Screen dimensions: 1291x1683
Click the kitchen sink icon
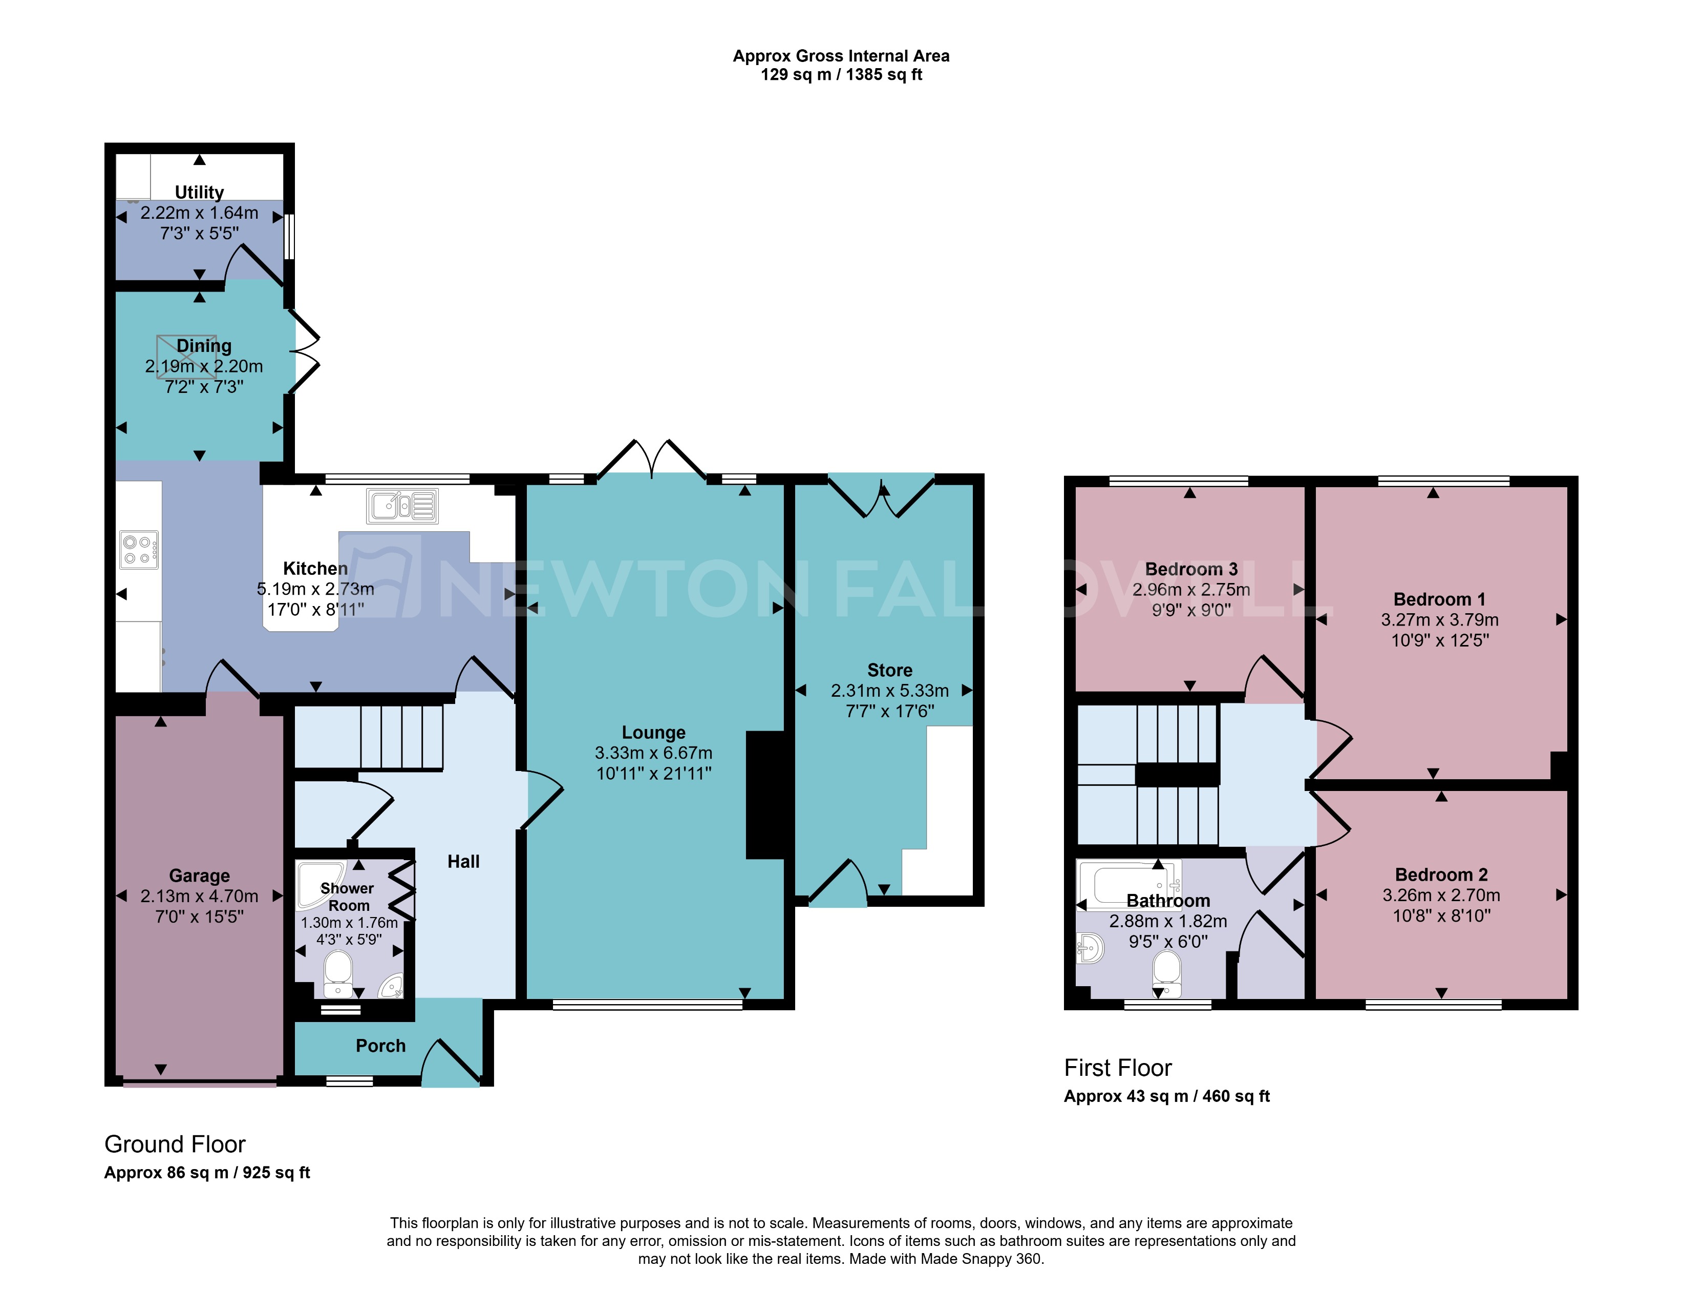402,506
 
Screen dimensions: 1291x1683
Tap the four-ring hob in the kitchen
139,550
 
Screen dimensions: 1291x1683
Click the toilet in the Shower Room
338,974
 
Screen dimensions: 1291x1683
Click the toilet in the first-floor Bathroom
1167,974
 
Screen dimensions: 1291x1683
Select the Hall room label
463,862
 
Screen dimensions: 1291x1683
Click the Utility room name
199,192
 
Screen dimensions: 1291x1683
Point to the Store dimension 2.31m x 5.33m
889,690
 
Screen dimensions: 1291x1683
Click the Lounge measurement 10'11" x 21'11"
654,773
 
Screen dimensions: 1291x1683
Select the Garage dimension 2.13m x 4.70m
199,896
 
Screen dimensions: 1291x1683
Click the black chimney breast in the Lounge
765,795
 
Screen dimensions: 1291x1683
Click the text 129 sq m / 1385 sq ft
841,75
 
